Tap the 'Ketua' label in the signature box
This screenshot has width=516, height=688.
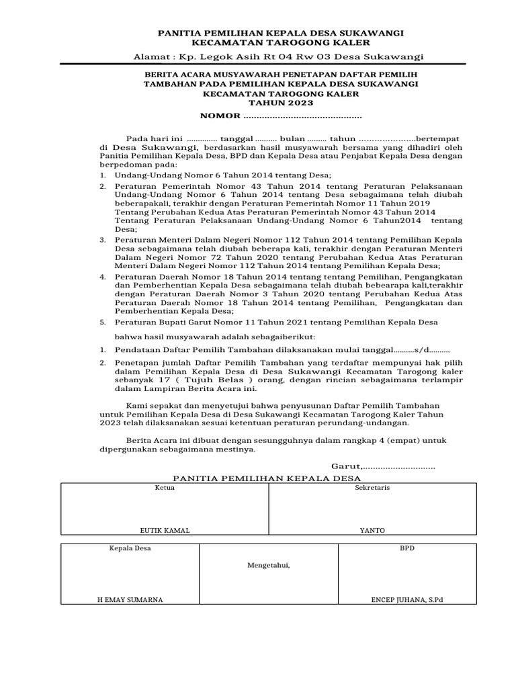pos(165,488)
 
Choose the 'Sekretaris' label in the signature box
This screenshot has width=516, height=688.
pos(372,488)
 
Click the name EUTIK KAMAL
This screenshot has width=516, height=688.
pos(165,530)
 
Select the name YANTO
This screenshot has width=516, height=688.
pos(372,530)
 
